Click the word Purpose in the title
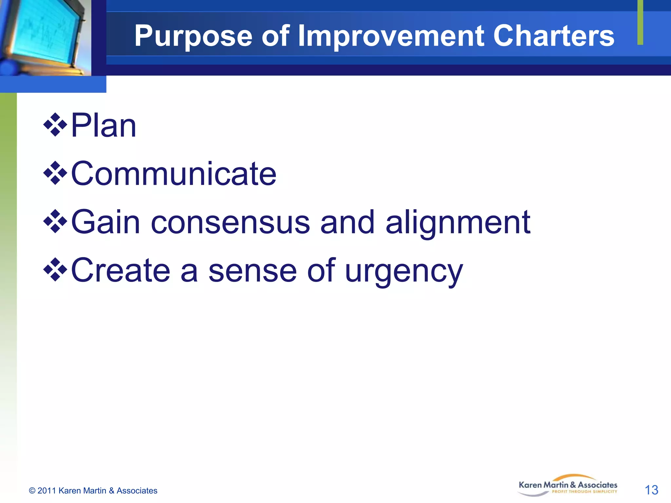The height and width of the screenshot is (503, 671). click(x=193, y=37)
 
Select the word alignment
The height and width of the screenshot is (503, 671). click(x=458, y=223)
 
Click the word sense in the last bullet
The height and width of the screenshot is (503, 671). click(x=252, y=271)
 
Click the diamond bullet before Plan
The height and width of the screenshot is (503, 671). click(x=55, y=125)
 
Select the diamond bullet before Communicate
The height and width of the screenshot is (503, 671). click(x=55, y=173)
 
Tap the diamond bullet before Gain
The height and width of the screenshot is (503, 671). click(x=55, y=221)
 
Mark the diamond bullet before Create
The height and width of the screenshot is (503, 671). click(x=55, y=270)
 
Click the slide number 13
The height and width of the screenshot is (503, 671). click(x=651, y=490)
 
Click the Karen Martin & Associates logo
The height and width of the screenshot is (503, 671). click(x=568, y=485)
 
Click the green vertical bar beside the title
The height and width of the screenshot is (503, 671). click(x=640, y=22)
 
